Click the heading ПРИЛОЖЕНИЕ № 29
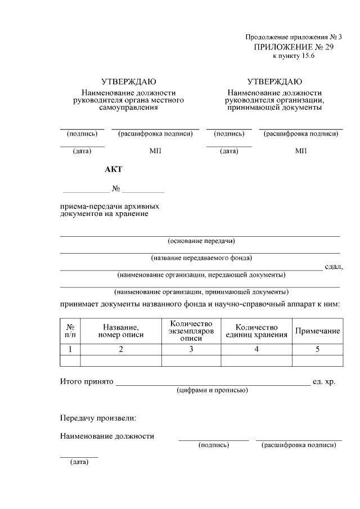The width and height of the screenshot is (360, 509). [294, 47]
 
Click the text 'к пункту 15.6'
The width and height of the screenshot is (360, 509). [294, 57]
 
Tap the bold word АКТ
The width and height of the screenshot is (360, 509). [113, 169]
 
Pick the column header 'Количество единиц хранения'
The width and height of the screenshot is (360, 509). [256, 331]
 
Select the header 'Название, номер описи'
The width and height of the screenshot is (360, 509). [120, 331]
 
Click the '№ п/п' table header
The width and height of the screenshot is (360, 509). [71, 331]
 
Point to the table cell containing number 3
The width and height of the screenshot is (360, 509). [191, 349]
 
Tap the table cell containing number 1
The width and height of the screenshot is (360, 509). [71, 349]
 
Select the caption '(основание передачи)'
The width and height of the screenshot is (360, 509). [201, 241]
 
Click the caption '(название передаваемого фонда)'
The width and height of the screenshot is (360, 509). [201, 258]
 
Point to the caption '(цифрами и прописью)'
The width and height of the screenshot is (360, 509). [211, 390]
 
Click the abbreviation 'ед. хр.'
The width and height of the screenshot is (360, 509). [324, 381]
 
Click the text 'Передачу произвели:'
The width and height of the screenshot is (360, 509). [98, 418]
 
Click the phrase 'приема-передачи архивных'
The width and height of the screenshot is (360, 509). [110, 206]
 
